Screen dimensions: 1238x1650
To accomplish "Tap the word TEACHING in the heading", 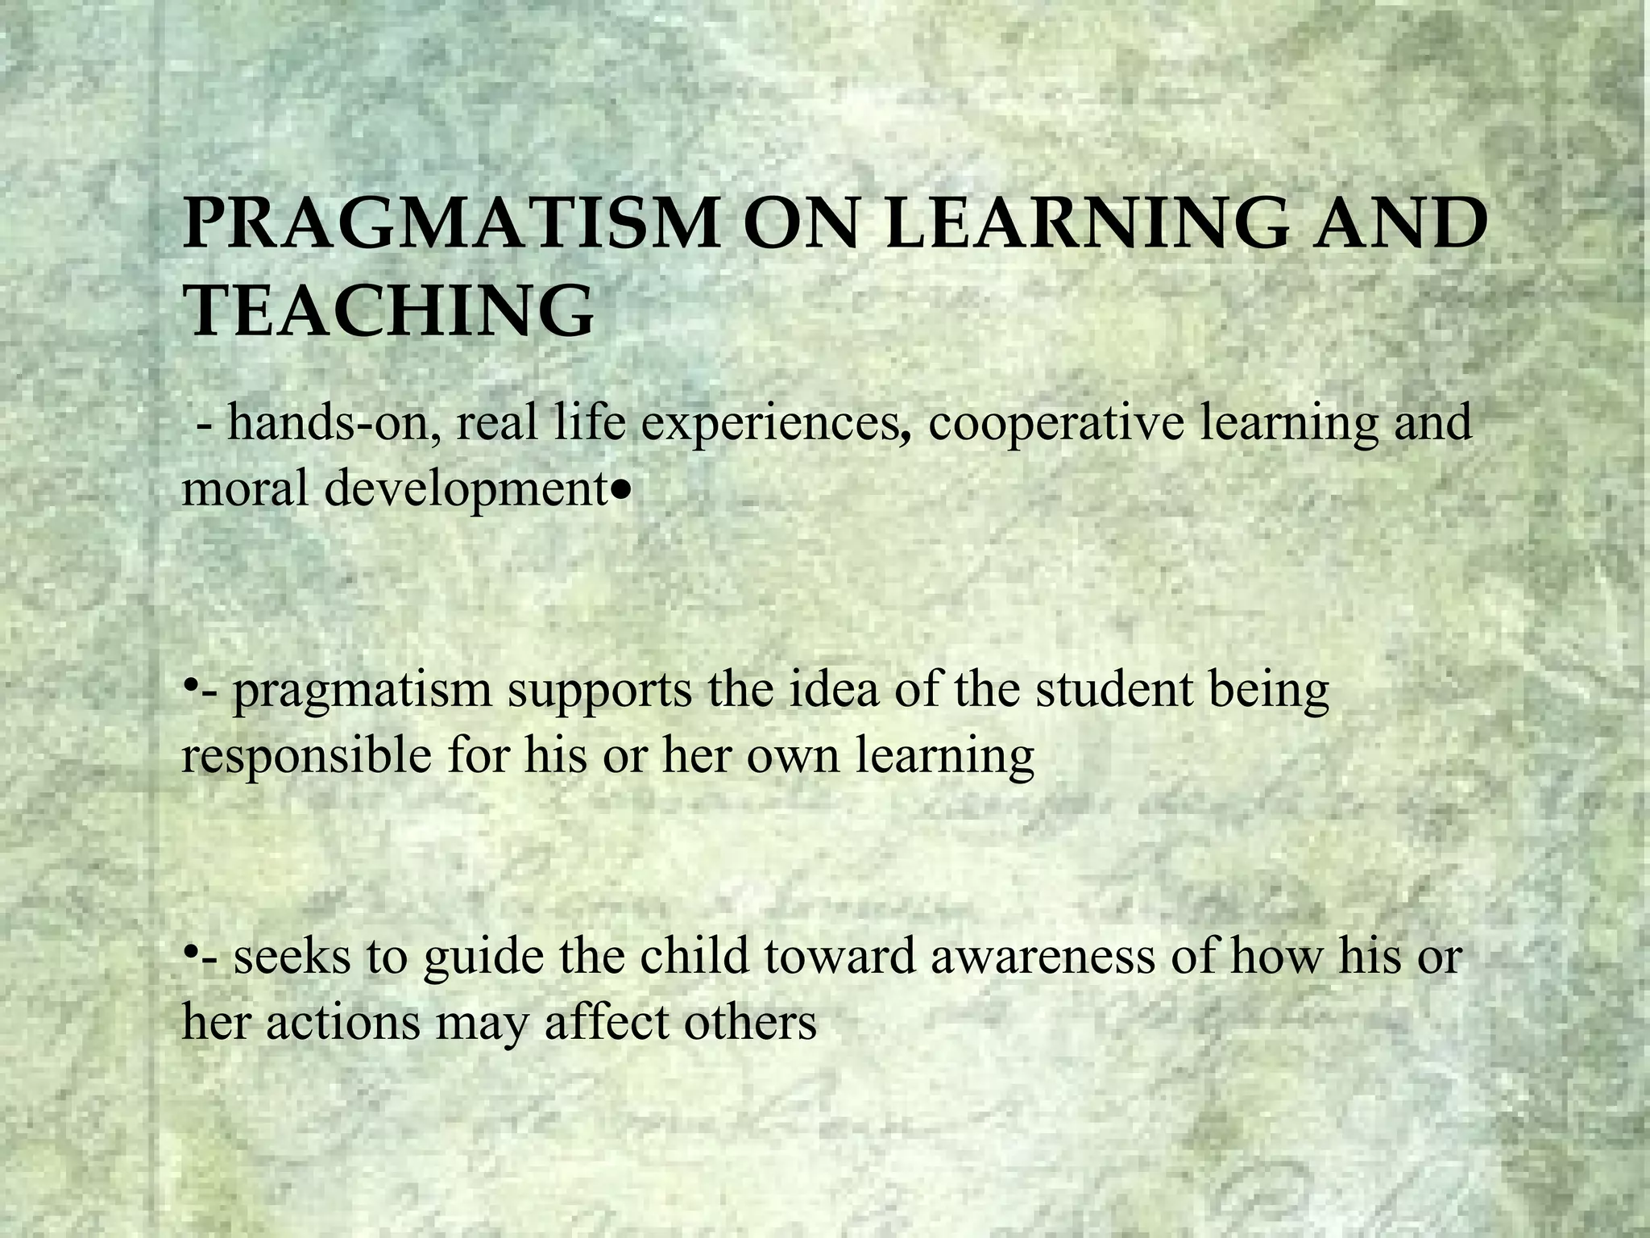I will [x=388, y=311].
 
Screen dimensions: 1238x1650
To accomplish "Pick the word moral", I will [x=247, y=488].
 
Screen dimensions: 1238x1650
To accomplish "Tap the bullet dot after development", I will [x=619, y=490].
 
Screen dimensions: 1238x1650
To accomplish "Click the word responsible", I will [x=306, y=757].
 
